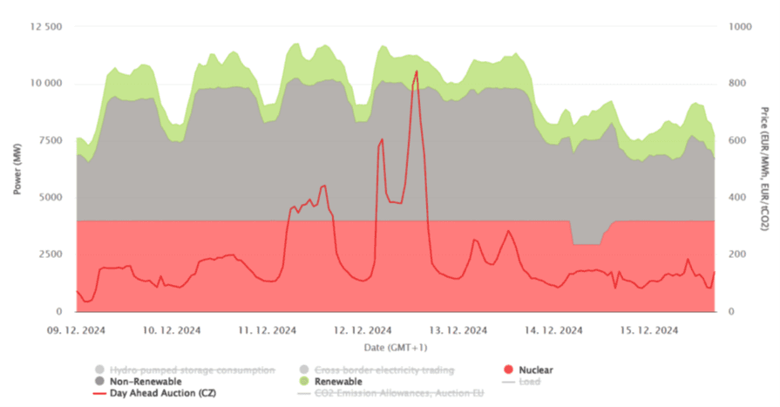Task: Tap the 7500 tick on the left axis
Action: [x=49, y=140]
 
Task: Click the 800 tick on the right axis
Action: [x=737, y=84]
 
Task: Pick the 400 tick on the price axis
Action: [x=737, y=197]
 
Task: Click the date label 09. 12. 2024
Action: [x=77, y=330]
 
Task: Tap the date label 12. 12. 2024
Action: [x=362, y=330]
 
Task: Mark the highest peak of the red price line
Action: [x=417, y=71]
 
